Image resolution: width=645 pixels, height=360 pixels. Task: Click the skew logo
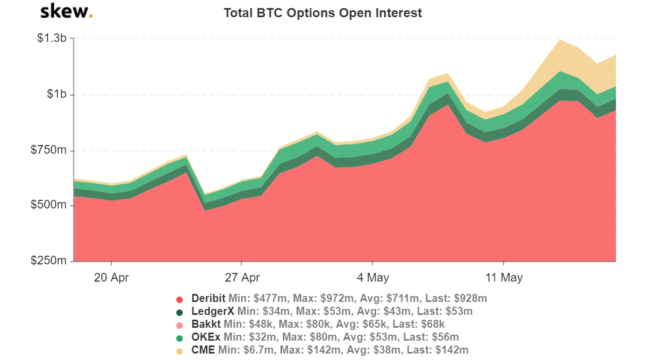click(66, 11)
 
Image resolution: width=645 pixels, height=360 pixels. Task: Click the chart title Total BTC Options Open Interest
click(322, 13)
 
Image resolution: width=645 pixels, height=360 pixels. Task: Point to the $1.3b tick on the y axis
click(51, 38)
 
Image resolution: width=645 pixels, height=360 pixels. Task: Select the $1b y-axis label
click(56, 95)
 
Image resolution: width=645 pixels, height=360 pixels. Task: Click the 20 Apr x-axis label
click(111, 278)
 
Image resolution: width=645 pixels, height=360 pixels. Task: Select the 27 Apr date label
click(242, 278)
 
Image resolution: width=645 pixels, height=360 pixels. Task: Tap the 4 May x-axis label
click(372, 278)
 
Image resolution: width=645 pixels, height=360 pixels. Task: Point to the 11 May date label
click(504, 278)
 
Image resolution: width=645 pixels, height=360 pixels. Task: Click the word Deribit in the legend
click(209, 298)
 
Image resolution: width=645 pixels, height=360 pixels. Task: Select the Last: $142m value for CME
click(440, 350)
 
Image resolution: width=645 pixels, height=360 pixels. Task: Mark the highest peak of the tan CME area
click(560, 40)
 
